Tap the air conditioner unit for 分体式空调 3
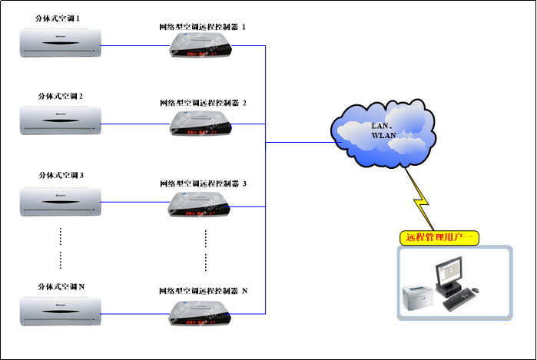tap(61, 199)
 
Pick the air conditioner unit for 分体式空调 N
tap(61, 310)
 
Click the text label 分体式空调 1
tap(60, 17)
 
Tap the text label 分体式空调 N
tap(61, 286)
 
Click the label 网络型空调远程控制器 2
tap(203, 102)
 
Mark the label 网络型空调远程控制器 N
tap(203, 292)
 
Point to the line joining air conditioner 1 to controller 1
tap(135, 45)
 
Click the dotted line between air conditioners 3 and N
tap(61, 247)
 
